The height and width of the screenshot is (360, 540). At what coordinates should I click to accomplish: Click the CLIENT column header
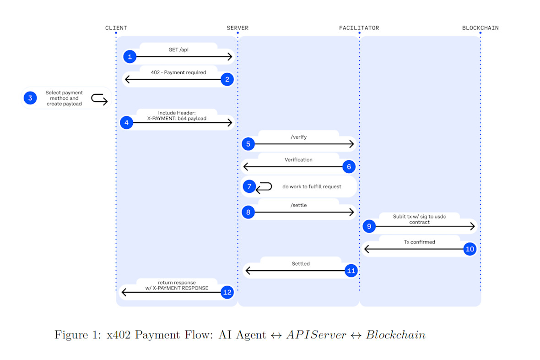coord(116,28)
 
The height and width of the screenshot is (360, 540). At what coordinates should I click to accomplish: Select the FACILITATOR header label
coord(359,28)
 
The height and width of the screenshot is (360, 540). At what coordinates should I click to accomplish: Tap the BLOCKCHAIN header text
coord(480,28)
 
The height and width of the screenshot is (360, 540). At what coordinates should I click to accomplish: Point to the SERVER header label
coord(238,28)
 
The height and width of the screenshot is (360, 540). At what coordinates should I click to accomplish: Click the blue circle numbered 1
coord(130,57)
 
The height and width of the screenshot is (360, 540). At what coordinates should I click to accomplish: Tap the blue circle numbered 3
coord(30,98)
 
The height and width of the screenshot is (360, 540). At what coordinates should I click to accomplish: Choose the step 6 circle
coord(349,167)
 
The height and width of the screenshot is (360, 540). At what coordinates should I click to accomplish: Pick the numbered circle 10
coord(470,249)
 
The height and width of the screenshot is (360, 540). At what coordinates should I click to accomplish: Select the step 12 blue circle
coord(227,292)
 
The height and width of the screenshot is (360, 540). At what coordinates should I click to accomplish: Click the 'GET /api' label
coord(178,49)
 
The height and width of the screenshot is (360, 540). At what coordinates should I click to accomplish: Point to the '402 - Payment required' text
coord(178,72)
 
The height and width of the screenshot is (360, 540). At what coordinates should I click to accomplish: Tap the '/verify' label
coord(298,136)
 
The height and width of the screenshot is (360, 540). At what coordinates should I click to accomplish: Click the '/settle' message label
coord(298,205)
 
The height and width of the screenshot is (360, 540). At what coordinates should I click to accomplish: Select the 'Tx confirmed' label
coord(419,242)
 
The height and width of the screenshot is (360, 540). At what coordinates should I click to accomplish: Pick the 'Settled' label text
coord(301,263)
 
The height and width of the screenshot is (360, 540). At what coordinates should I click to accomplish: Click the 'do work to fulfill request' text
coord(312,186)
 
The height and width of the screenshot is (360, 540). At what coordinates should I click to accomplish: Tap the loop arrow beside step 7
coord(264,186)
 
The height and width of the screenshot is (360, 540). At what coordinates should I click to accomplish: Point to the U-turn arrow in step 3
coord(99,98)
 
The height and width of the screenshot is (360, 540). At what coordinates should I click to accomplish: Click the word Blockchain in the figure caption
coord(395,335)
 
